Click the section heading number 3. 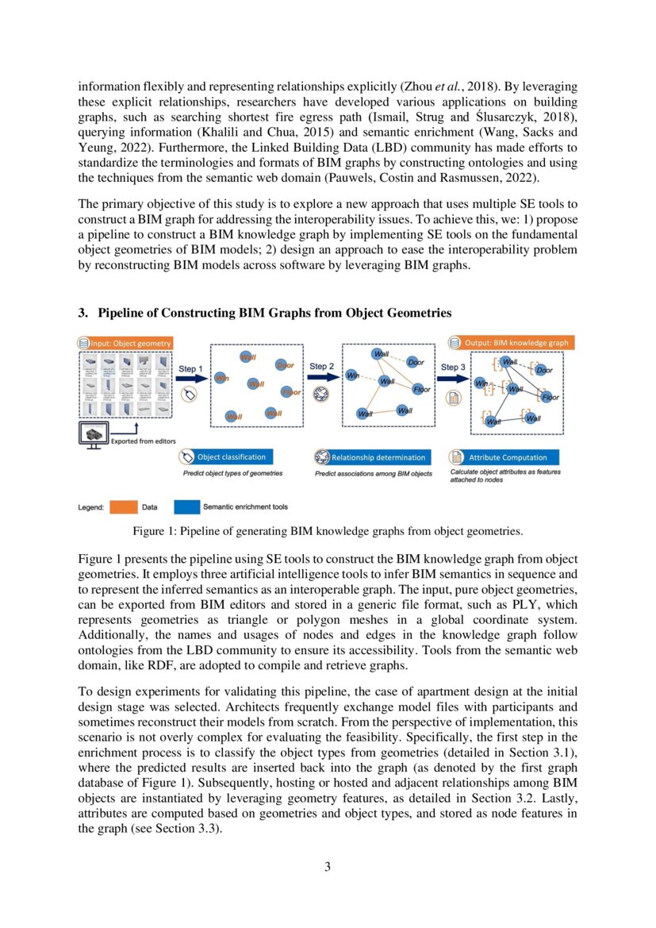point(82,314)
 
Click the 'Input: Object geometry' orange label point(125,342)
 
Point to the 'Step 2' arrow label point(321,367)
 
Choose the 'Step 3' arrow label point(452,368)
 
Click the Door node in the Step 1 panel point(286,365)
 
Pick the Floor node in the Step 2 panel point(421,389)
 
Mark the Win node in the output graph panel point(479,383)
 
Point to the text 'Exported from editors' point(143,441)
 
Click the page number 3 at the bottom point(328,866)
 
